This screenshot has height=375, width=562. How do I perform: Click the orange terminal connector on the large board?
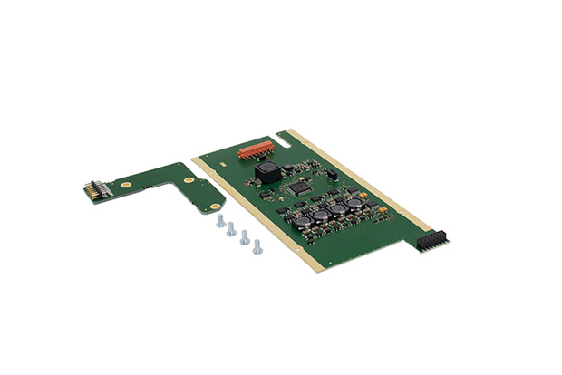pos(257,149)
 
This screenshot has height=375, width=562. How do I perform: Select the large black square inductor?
pos(266,170)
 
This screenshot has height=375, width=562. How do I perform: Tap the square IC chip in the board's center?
pos(298,188)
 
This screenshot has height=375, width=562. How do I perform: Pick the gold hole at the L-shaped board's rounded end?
pos(214,206)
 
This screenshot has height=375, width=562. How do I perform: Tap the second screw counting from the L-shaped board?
pos(231,228)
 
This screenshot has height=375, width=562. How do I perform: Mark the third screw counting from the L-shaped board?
pos(245,237)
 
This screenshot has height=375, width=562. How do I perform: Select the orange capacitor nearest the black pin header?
pos(384,212)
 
